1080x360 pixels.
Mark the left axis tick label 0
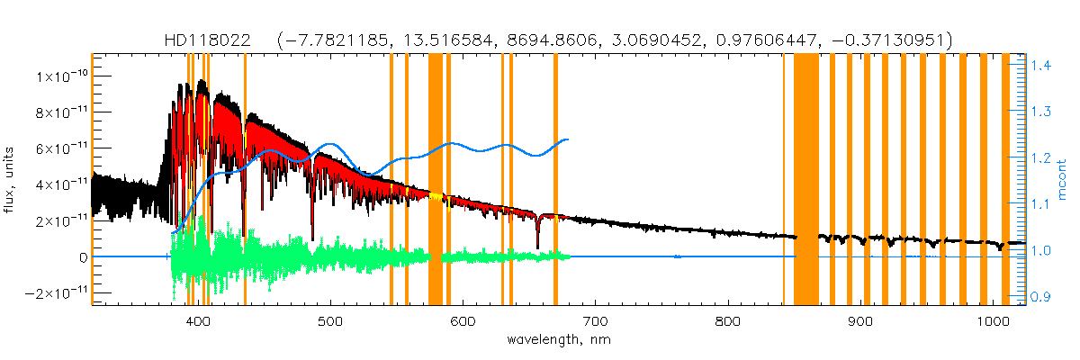(82, 257)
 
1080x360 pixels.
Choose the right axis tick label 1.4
(1042, 66)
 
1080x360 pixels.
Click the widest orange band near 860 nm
(805, 180)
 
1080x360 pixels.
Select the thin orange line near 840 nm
(783, 180)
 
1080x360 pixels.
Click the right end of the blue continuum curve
(567, 139)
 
